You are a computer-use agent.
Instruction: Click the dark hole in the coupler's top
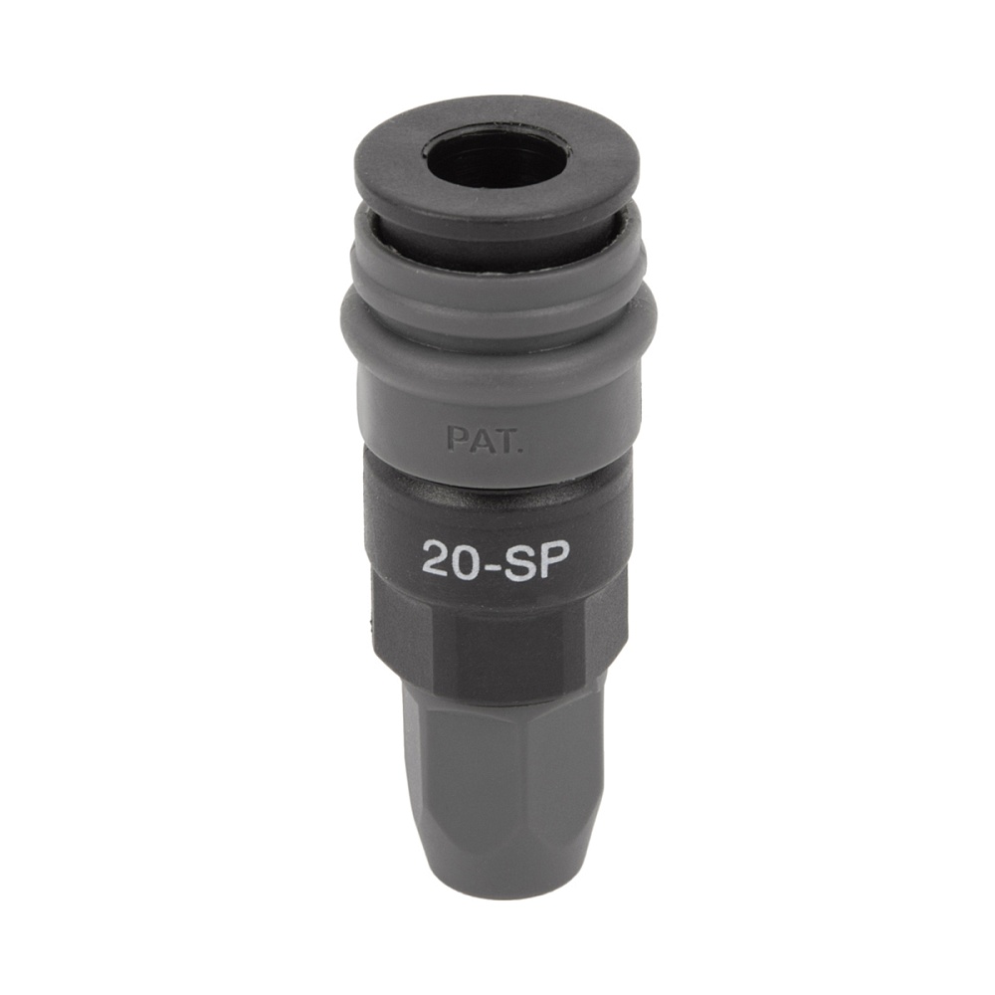pos(497,157)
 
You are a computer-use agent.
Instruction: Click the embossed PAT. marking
pos(484,440)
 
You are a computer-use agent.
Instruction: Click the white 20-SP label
pos(496,558)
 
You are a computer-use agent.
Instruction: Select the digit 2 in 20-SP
pos(436,559)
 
